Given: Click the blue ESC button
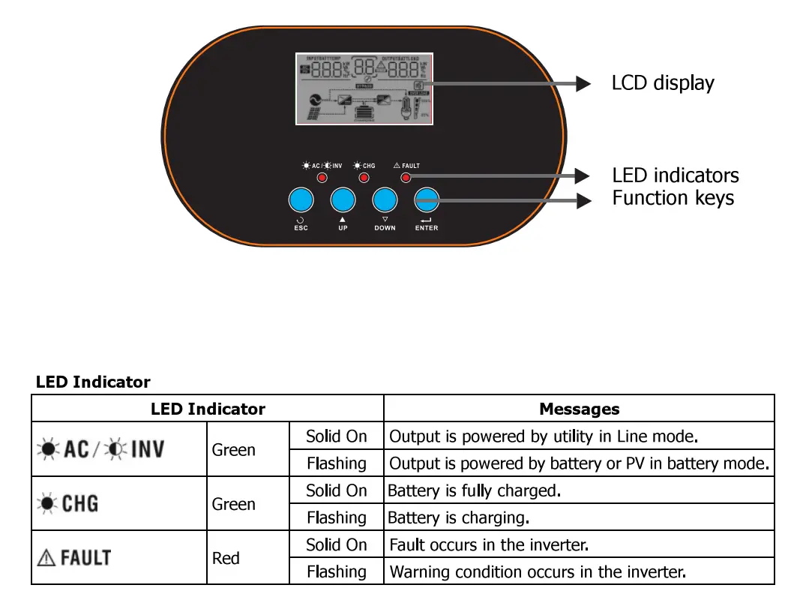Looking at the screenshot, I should pyautogui.click(x=301, y=200).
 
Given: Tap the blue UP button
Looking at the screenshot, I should pyautogui.click(x=343, y=200).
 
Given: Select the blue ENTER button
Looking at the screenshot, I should pyautogui.click(x=427, y=200).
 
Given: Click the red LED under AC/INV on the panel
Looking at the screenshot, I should pyautogui.click(x=322, y=178).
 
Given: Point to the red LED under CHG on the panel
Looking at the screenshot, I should pyautogui.click(x=364, y=178).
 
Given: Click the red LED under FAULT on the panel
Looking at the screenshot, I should pyautogui.click(x=406, y=178).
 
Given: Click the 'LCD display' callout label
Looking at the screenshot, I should pyautogui.click(x=663, y=83).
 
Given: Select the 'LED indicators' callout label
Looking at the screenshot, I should pyautogui.click(x=675, y=175).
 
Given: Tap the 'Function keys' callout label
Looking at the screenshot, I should pyautogui.click(x=673, y=198).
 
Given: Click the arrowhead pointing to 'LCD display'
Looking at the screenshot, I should pyautogui.click(x=583, y=83).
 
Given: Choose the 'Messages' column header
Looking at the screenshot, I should pyautogui.click(x=579, y=409).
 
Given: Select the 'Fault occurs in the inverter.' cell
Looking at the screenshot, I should pyautogui.click(x=489, y=544).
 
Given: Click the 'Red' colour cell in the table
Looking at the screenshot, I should pyautogui.click(x=226, y=558).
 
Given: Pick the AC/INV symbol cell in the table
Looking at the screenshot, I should pyautogui.click(x=101, y=449).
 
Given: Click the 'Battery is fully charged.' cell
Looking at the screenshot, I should pyautogui.click(x=474, y=490).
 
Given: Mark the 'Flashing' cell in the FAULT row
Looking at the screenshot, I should pyautogui.click(x=336, y=571).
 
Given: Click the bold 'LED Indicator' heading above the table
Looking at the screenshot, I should pyautogui.click(x=93, y=382).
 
